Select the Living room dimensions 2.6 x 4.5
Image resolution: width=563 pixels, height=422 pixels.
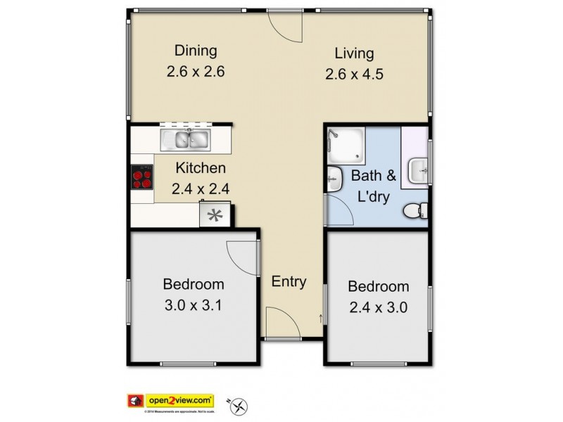click(354, 74)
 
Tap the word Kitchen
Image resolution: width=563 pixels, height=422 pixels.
click(201, 168)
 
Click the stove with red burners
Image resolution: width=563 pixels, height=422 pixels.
click(142, 178)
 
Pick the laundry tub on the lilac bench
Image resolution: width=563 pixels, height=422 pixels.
click(419, 168)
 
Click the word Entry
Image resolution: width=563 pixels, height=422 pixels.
click(289, 282)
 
